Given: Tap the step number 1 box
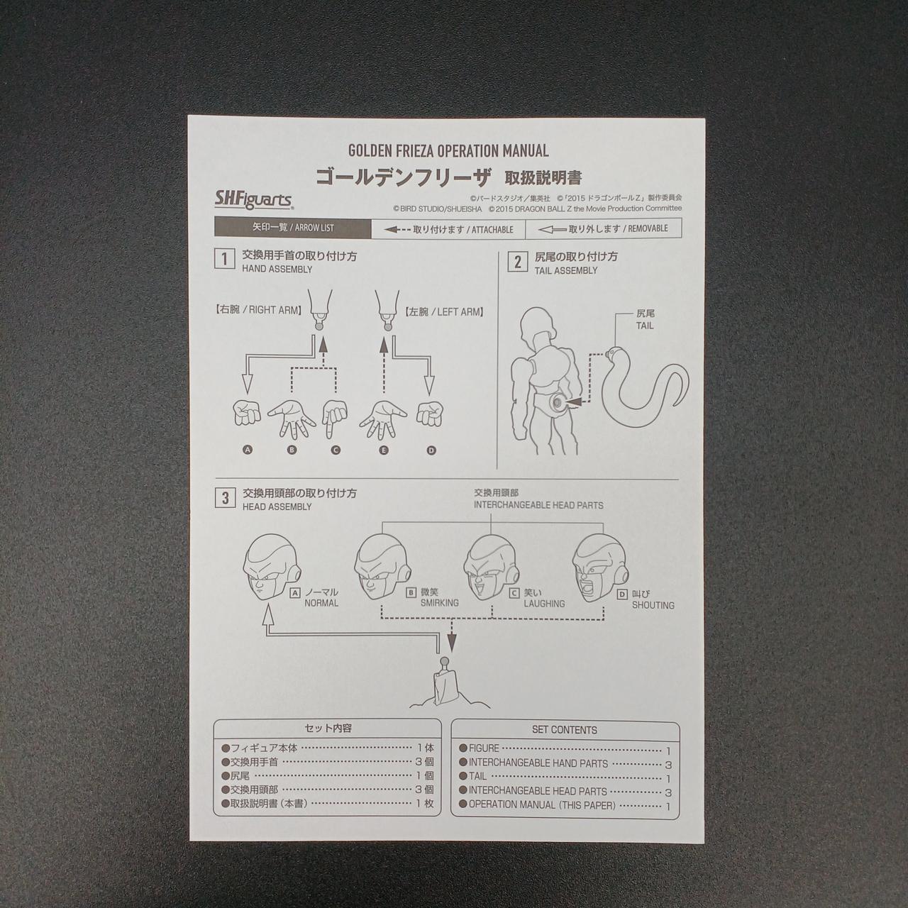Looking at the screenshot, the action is point(225,259).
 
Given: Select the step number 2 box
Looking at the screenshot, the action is point(517,262).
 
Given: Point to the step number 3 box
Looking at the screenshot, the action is point(225,498).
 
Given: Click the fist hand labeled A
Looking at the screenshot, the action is point(247,413).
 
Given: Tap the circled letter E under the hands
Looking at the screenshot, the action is point(384,450).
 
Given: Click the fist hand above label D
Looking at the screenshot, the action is point(429,413).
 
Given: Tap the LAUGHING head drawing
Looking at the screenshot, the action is point(492,567).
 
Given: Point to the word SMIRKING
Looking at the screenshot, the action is point(439,603).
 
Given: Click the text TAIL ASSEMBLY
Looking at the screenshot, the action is point(566,271).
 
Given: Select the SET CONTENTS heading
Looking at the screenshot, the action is point(565,730).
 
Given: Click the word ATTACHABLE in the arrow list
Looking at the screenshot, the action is point(492,230).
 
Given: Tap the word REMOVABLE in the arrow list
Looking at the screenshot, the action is point(648,228).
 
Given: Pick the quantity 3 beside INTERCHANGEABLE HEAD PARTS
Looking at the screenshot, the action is point(668,793).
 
